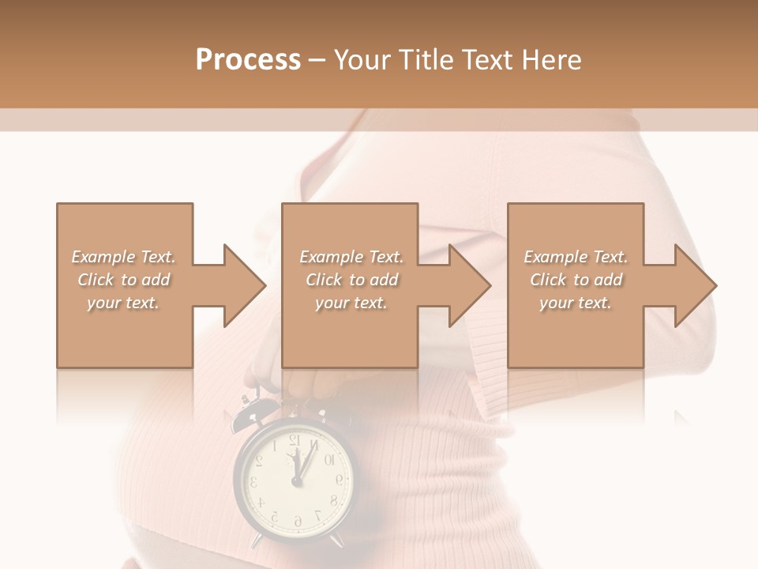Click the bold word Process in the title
248,60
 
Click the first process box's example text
124,280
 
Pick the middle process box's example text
351,280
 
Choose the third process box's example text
576,280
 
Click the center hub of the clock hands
297,480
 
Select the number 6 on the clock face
297,520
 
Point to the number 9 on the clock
339,479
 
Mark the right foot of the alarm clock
337,541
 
